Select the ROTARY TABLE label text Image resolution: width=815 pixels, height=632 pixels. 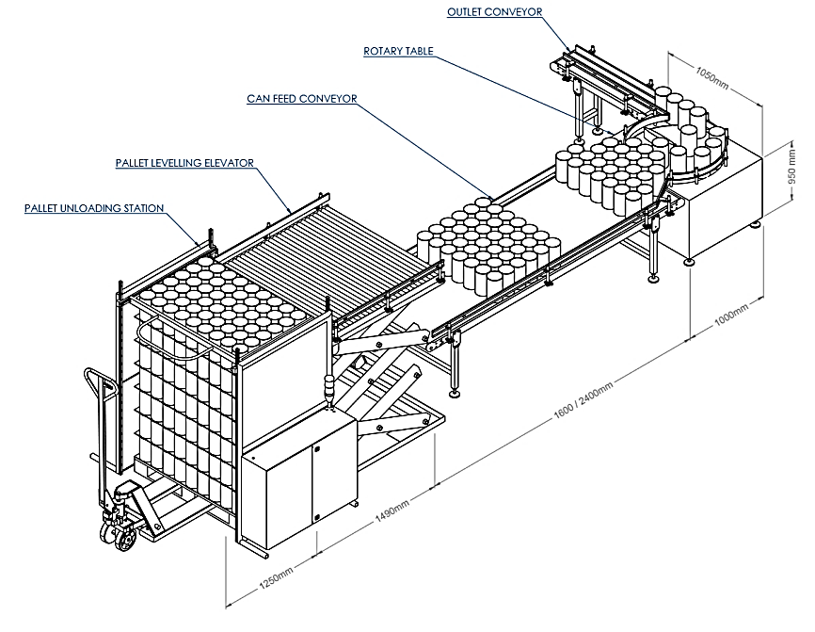399,51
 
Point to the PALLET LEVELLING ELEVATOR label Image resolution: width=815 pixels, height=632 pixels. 185,163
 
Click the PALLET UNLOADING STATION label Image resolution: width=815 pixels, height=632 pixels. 95,208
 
